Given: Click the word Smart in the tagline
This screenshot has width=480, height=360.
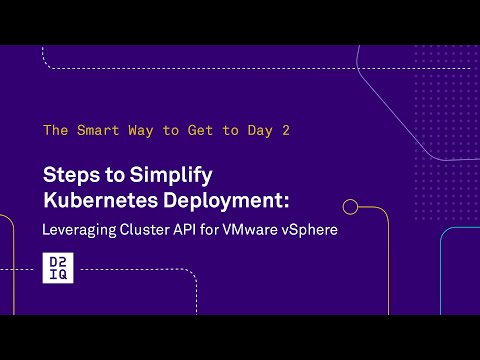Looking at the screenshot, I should pos(98,130).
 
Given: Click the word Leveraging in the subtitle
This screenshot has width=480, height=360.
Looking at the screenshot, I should pos(79,229).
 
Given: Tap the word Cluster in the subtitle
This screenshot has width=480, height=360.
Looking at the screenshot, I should pos(150,229).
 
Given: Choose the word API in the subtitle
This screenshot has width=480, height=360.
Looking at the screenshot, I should pos(195,229).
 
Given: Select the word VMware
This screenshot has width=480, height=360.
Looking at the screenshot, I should pos(257,229).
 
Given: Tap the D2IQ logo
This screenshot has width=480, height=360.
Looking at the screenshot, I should pos(56,269).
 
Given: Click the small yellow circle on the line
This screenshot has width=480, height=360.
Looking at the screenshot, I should pos(350,207).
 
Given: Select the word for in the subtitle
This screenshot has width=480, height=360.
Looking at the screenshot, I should pos(220,229).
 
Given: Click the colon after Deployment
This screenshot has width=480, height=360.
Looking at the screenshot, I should pos(285,202).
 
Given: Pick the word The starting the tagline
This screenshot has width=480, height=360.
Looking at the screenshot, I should pos(55,130).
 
